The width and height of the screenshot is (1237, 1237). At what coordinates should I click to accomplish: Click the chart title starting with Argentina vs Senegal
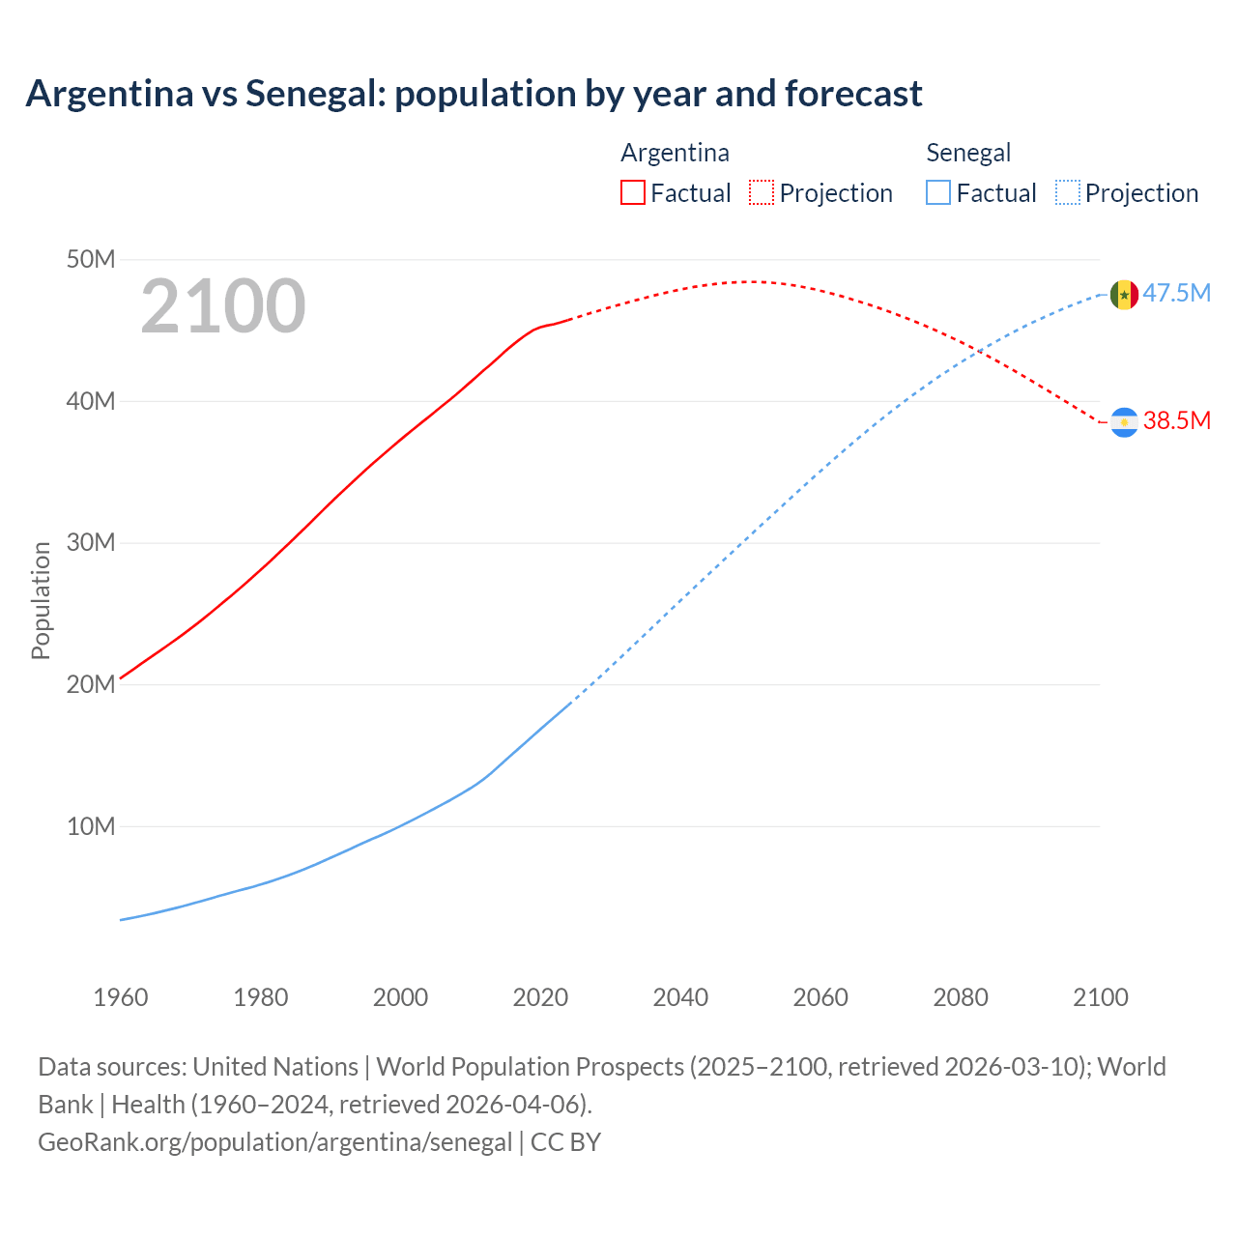pyautogui.click(x=474, y=94)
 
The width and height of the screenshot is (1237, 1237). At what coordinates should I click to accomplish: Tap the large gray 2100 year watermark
pyautogui.click(x=223, y=306)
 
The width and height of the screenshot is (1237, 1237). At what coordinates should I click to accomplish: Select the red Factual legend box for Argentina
pyautogui.click(x=632, y=192)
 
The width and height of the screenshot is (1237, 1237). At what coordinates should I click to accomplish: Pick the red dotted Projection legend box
pyautogui.click(x=762, y=192)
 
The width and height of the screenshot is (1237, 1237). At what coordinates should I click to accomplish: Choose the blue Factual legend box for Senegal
pyautogui.click(x=937, y=192)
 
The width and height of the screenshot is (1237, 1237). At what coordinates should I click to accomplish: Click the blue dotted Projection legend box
pyautogui.click(x=1067, y=192)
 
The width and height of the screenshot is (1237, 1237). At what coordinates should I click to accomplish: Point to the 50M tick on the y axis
pyautogui.click(x=91, y=259)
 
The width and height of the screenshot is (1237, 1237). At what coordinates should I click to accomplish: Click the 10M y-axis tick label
pyautogui.click(x=91, y=826)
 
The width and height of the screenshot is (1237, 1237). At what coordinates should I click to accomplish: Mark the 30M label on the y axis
pyautogui.click(x=91, y=542)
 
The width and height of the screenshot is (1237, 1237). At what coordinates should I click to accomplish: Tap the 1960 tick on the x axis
pyautogui.click(x=121, y=997)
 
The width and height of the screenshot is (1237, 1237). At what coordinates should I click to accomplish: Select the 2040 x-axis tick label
pyautogui.click(x=680, y=997)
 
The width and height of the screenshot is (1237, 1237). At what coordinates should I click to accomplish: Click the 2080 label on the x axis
pyautogui.click(x=961, y=997)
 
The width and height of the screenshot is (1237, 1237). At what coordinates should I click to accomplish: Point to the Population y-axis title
pyautogui.click(x=41, y=600)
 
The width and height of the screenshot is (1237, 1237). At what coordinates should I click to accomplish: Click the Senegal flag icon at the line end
pyautogui.click(x=1124, y=295)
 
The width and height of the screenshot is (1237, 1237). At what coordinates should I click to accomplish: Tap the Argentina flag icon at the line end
pyautogui.click(x=1124, y=422)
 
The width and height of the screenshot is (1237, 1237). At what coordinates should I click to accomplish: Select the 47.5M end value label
pyautogui.click(x=1176, y=293)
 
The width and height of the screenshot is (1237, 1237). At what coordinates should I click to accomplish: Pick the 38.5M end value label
pyautogui.click(x=1176, y=420)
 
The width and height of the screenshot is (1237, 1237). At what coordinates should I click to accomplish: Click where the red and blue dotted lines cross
pyautogui.click(x=979, y=351)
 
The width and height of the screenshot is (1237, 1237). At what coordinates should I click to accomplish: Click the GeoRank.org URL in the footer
pyautogui.click(x=274, y=1141)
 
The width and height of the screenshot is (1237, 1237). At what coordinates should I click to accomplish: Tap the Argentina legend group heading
pyautogui.click(x=675, y=153)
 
